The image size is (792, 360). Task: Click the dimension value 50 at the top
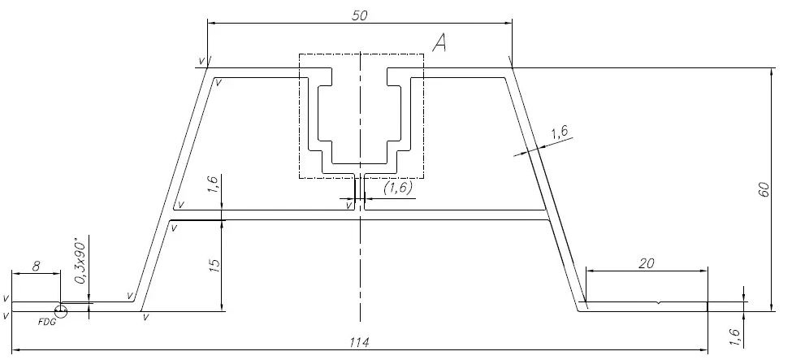(358, 15)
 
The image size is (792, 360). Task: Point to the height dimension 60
(763, 189)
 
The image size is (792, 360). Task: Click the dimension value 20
(647, 262)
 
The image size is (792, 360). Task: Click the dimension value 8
(35, 265)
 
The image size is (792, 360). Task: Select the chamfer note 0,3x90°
(80, 262)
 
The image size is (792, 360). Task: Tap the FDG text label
(48, 321)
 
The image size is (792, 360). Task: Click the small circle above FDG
(61, 310)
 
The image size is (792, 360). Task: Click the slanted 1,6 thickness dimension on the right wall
(560, 133)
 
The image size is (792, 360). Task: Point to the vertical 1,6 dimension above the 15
(213, 185)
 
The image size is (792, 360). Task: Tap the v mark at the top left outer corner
(201, 61)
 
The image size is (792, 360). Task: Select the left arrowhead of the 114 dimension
(15, 351)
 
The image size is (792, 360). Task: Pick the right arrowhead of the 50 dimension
(509, 24)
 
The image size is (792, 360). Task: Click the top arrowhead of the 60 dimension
(770, 72)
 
